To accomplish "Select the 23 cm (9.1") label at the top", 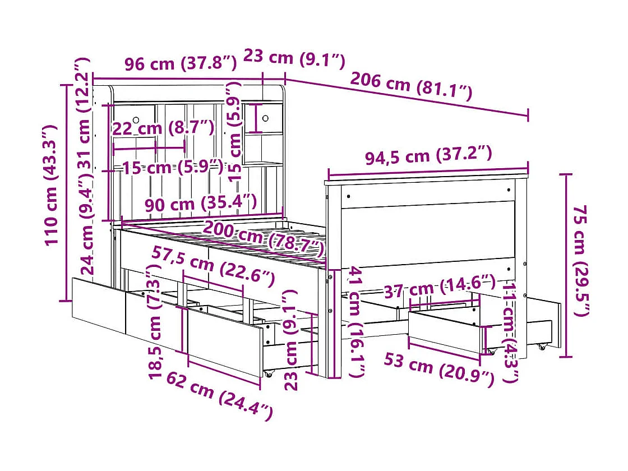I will pyautogui.click(x=294, y=58).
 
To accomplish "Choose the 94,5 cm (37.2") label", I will pyautogui.click(x=428, y=155).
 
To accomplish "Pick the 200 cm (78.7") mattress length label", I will pyautogui.click(x=264, y=236).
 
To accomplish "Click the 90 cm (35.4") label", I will pyautogui.click(x=201, y=202).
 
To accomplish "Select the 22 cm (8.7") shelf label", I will pyautogui.click(x=163, y=128).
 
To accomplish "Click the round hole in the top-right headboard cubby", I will pyautogui.click(x=265, y=118).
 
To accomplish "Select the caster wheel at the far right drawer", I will pyautogui.click(x=542, y=347).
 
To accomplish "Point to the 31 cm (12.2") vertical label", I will pyautogui.click(x=84, y=113).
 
